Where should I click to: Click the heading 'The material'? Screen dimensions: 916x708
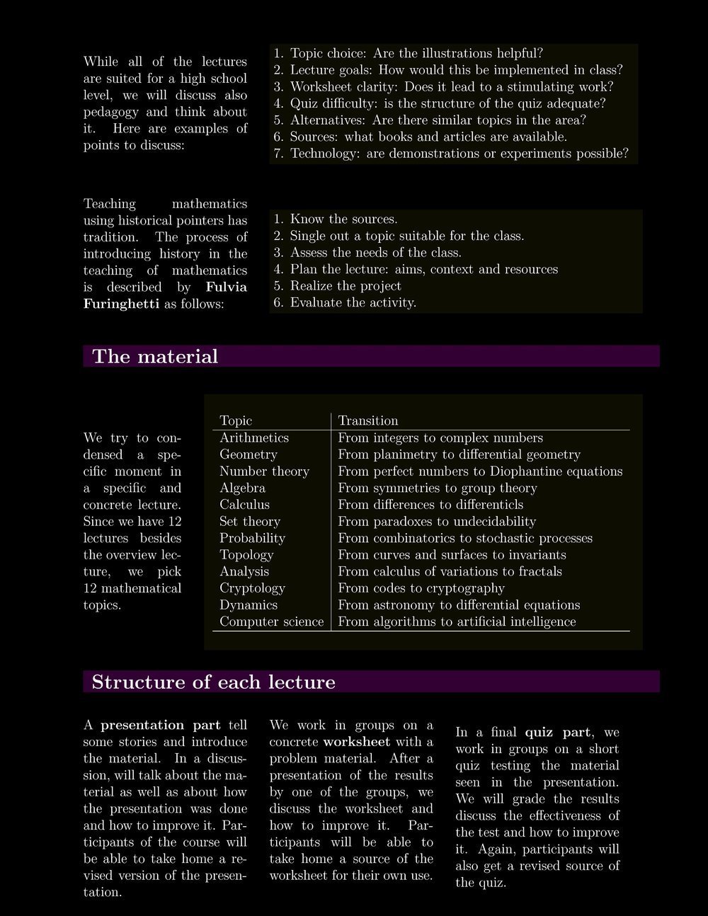[155, 356]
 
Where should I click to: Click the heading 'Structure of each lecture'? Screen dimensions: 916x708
[213, 682]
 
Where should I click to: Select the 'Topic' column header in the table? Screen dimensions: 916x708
[236, 420]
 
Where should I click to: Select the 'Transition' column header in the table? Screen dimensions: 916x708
[368, 420]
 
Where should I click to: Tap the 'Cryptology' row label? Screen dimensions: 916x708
[252, 588]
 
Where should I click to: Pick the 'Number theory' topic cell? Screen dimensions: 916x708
[264, 471]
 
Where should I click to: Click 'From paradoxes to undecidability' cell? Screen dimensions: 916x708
[437, 522]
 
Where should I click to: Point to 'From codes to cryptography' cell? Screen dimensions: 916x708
[421, 588]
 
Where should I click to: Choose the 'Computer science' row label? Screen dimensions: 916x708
[271, 622]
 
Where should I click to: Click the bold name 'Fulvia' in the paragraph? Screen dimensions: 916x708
[227, 287]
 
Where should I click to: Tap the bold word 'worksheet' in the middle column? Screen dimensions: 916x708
[357, 742]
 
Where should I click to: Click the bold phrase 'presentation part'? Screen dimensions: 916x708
[161, 725]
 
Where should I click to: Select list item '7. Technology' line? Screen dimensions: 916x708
[450, 154]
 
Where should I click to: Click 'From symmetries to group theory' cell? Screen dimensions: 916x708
[438, 488]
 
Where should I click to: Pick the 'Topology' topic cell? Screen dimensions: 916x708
[246, 555]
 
